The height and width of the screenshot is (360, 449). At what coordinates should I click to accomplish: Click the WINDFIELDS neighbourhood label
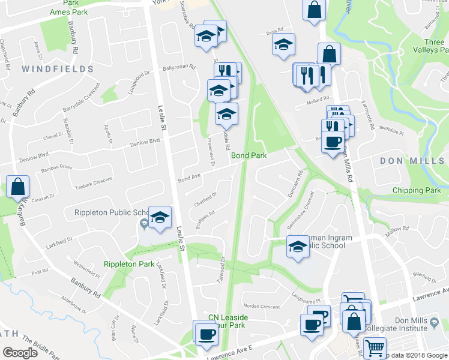pyautogui.click(x=58, y=70)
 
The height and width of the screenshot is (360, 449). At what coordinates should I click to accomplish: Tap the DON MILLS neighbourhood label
pyautogui.click(x=411, y=161)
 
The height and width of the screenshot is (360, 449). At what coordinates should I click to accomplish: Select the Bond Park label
pyautogui.click(x=249, y=155)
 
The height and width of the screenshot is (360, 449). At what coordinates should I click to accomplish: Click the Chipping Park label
pyautogui.click(x=417, y=190)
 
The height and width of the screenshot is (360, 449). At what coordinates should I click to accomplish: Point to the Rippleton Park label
pyautogui.click(x=129, y=264)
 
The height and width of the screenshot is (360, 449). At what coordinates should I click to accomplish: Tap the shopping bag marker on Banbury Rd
pyautogui.click(x=18, y=187)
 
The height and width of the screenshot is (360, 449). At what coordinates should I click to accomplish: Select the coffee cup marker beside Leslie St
pyautogui.click(x=206, y=334)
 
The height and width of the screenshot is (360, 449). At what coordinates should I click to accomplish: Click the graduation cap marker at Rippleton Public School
pyautogui.click(x=160, y=218)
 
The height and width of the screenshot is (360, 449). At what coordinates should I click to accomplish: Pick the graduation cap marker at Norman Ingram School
pyautogui.click(x=297, y=246)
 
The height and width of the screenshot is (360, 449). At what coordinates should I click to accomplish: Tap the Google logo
pyautogui.click(x=20, y=353)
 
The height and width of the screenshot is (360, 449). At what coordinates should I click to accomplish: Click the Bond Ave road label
pyautogui.click(x=188, y=178)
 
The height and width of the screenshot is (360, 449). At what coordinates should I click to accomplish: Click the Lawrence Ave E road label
pyautogui.click(x=231, y=353)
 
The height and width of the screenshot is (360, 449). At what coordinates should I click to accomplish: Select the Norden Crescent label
pyautogui.click(x=262, y=307)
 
